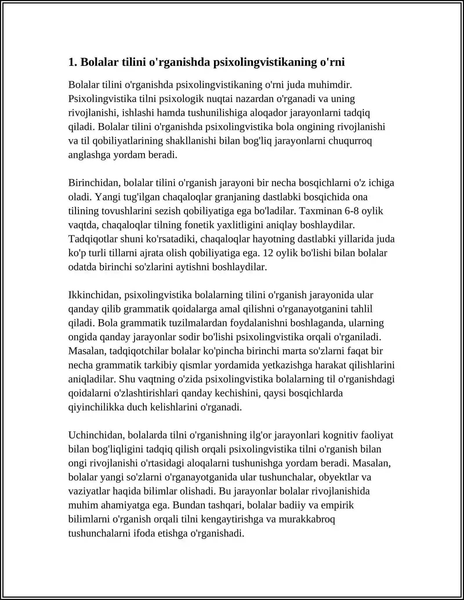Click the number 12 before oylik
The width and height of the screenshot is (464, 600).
(268, 253)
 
